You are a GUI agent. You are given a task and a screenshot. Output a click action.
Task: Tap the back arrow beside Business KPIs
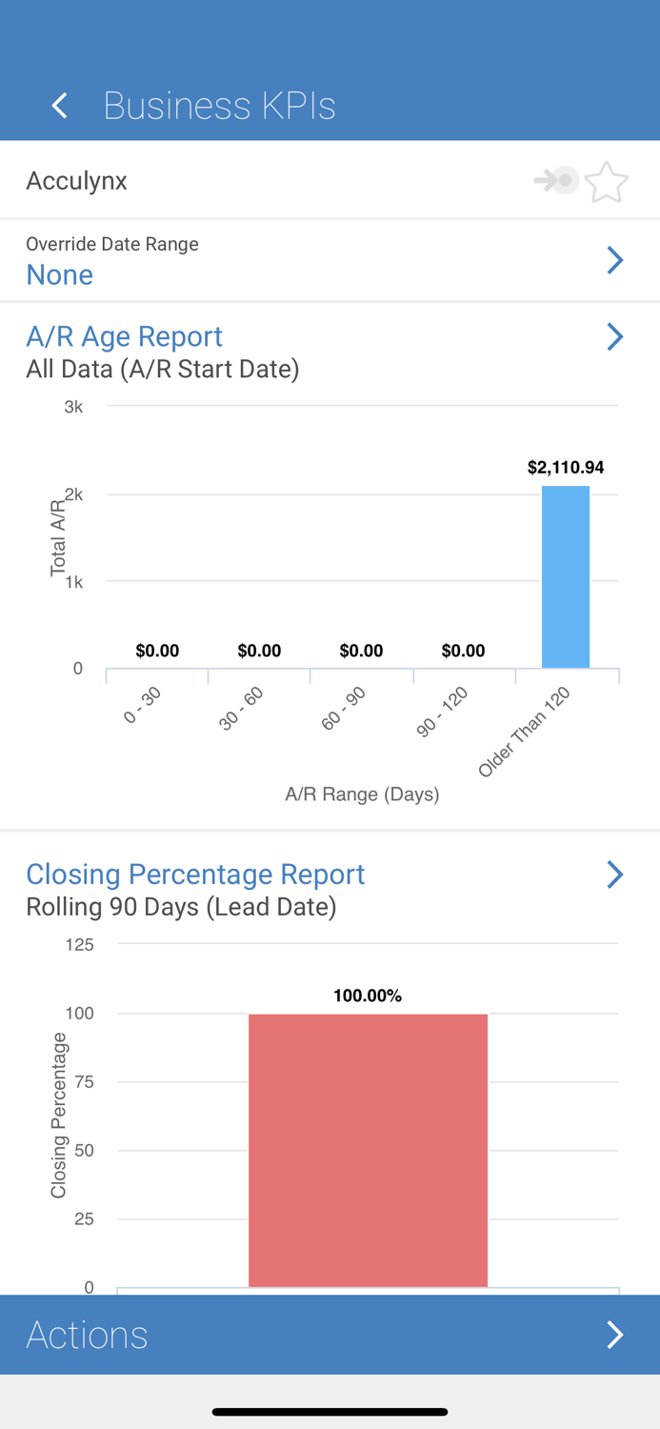pyautogui.click(x=60, y=105)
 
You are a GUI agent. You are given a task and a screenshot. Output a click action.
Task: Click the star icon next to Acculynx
pyautogui.click(x=606, y=182)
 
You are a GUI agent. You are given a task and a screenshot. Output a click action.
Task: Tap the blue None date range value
pyautogui.click(x=59, y=274)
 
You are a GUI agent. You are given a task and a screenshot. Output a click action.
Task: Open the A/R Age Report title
pyautogui.click(x=124, y=336)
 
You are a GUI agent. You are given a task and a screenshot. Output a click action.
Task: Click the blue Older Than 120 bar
pyautogui.click(x=566, y=576)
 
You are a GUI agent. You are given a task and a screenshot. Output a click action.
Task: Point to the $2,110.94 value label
pyautogui.click(x=566, y=467)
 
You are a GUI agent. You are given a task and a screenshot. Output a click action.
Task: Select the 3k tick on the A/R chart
pyautogui.click(x=73, y=407)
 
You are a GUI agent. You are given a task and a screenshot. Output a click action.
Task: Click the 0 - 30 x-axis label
pyautogui.click(x=143, y=706)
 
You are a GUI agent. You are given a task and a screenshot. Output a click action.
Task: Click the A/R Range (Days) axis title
pyautogui.click(x=362, y=795)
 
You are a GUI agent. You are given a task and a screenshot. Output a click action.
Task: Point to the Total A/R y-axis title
pyautogui.click(x=58, y=536)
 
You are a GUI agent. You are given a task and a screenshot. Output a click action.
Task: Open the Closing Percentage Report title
pyautogui.click(x=195, y=875)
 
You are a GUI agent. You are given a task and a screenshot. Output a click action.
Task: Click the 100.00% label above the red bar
pyautogui.click(x=368, y=996)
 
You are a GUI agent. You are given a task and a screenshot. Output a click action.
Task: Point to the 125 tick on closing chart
pyautogui.click(x=79, y=945)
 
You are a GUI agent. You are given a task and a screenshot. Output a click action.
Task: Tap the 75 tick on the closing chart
pyautogui.click(x=84, y=1082)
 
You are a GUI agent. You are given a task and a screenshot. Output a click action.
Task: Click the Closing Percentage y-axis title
pyautogui.click(x=59, y=1115)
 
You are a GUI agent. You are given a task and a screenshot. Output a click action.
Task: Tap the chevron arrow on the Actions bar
pyautogui.click(x=615, y=1335)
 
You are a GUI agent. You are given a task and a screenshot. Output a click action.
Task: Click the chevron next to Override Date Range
pyautogui.click(x=615, y=260)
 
